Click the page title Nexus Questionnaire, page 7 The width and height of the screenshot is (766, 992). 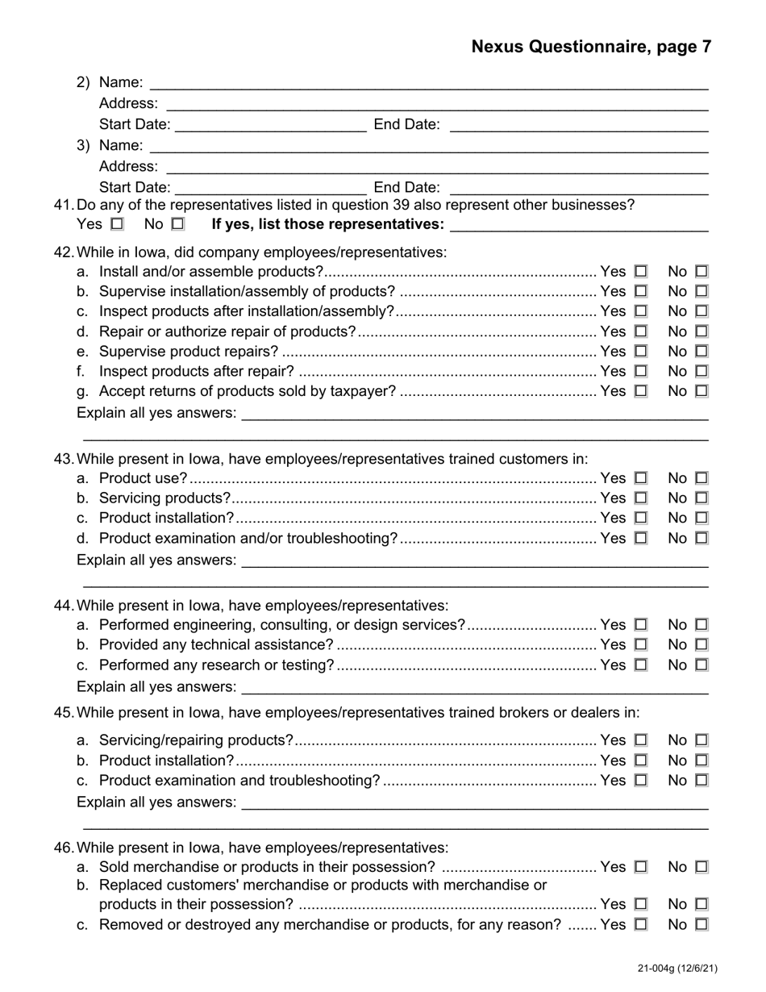tap(591, 47)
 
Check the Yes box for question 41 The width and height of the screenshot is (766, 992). tap(118, 223)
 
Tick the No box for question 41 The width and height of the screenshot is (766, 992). tap(177, 223)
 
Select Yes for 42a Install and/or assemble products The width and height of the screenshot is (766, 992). tap(641, 272)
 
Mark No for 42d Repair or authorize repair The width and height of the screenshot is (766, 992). tap(701, 331)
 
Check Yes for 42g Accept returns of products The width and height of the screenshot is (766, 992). tap(641, 391)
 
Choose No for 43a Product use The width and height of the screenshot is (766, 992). tap(701, 478)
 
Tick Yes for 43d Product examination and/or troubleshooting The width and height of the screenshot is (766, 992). tap(641, 538)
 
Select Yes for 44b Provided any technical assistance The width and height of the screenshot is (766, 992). tap(641, 645)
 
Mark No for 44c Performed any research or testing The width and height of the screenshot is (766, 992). tap(701, 665)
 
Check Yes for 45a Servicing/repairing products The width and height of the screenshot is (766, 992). tap(641, 740)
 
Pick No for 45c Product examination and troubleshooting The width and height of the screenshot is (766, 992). tap(701, 781)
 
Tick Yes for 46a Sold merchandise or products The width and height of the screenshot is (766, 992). tap(641, 867)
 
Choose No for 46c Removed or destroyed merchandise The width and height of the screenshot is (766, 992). tap(701, 925)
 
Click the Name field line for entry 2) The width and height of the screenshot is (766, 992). tap(428, 84)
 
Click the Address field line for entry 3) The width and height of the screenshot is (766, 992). tap(436, 168)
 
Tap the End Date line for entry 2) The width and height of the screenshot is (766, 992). tap(577, 126)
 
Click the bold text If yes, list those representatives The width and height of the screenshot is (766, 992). tap(327, 223)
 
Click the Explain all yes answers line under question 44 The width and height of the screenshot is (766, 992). tap(474, 688)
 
